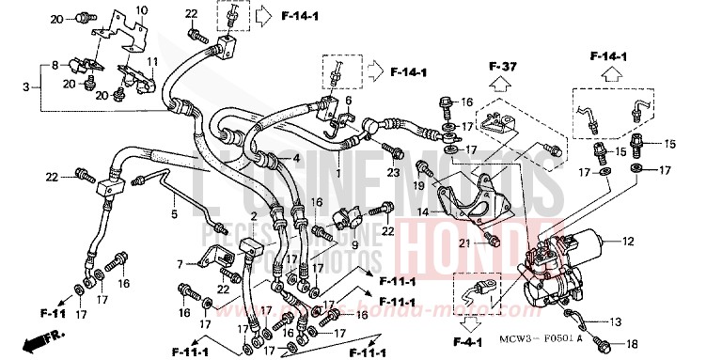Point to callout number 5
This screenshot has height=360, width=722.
tap(175, 214)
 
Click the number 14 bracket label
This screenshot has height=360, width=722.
tap(424, 212)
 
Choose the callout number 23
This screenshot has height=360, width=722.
tap(392, 172)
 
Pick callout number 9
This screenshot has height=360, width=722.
tap(355, 247)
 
